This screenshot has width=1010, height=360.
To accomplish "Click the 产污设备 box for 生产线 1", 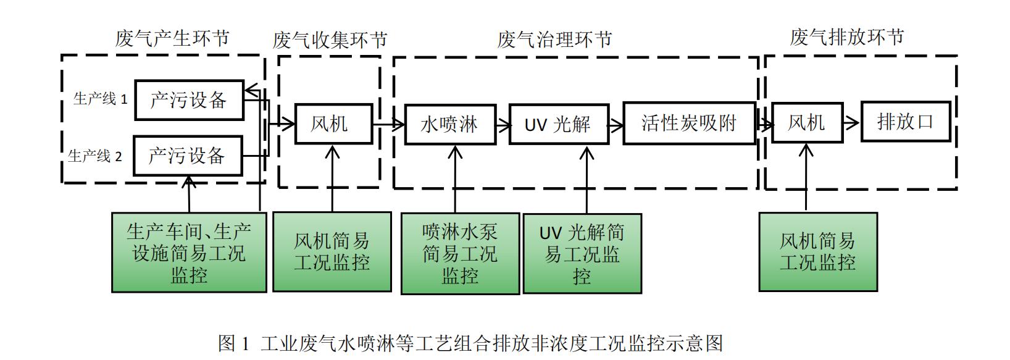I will click(189, 100).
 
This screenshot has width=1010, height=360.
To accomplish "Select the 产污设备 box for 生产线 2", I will click(187, 156).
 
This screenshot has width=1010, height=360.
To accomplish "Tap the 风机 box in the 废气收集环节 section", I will click(333, 123).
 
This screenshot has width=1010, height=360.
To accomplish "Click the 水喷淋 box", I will click(450, 125).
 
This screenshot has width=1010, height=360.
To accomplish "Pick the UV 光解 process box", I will click(559, 125).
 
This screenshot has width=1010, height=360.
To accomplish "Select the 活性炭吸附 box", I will click(689, 123).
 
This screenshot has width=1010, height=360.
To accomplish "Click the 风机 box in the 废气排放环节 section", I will click(807, 123).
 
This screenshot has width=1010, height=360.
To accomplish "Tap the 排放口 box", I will click(906, 122).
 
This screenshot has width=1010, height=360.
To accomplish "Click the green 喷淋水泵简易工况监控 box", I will click(460, 254).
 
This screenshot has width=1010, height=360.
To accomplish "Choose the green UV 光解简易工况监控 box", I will click(582, 254).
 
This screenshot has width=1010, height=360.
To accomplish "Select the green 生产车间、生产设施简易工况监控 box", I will click(189, 253).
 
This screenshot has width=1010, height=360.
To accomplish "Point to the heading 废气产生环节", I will click(172, 38).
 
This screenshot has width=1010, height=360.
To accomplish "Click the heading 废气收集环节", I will click(330, 41).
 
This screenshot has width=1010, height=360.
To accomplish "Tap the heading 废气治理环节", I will click(554, 40).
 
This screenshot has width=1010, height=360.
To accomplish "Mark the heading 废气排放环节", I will click(847, 37).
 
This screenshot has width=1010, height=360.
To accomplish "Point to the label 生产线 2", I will click(95, 156).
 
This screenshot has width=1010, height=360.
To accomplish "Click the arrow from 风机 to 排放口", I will click(852, 122).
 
